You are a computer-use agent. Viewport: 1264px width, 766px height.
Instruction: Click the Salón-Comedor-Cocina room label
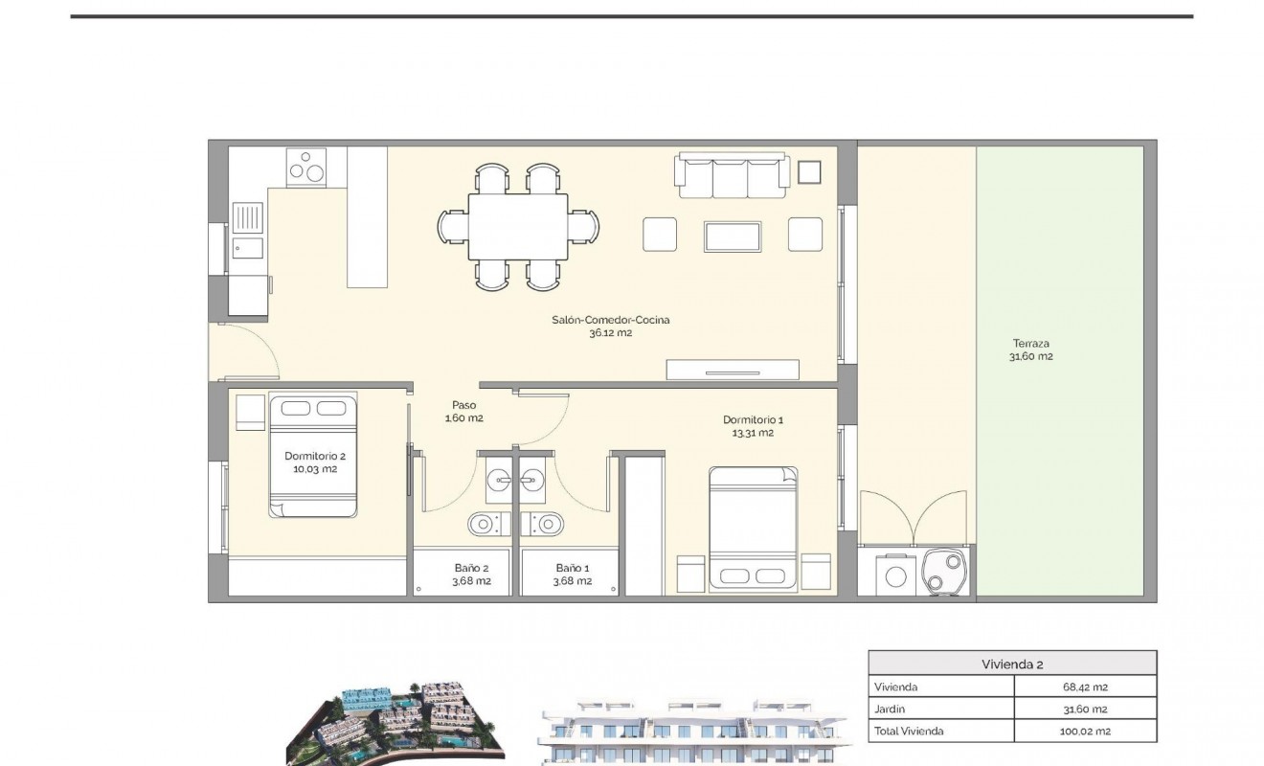pos(610,320)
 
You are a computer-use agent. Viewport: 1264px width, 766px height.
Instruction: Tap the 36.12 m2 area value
pos(610,333)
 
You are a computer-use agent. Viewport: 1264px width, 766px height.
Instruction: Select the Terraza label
pos(1030,343)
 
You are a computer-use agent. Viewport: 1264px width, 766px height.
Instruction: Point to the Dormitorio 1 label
pos(753,419)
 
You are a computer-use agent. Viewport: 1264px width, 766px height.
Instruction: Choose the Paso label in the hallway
pos(463,405)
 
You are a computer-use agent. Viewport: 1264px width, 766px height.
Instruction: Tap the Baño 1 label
pos(573,567)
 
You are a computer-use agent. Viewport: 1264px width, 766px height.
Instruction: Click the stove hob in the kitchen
pos(307,167)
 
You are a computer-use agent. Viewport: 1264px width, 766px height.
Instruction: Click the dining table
pos(517,226)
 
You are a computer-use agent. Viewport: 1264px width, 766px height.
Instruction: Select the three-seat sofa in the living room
pos(733,174)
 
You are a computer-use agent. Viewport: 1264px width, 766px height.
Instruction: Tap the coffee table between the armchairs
pos(733,236)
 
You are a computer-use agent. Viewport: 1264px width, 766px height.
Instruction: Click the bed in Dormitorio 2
pos(313,455)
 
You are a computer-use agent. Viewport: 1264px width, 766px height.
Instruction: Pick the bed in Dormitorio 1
pos(753,528)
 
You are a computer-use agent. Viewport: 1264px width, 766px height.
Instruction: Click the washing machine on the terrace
pos(896,574)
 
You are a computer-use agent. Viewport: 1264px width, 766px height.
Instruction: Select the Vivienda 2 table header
pos(1011,664)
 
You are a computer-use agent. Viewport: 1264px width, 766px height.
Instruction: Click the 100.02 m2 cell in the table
pos(1084,731)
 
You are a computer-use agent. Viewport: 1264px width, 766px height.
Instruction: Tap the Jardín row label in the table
pos(890,709)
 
